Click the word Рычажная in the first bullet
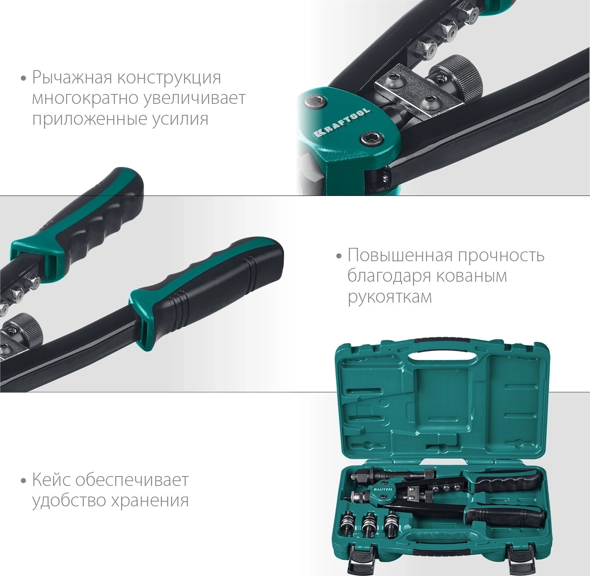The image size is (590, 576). point(73,78)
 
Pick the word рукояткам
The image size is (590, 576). point(389,297)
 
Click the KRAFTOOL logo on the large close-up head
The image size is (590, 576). point(341,122)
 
